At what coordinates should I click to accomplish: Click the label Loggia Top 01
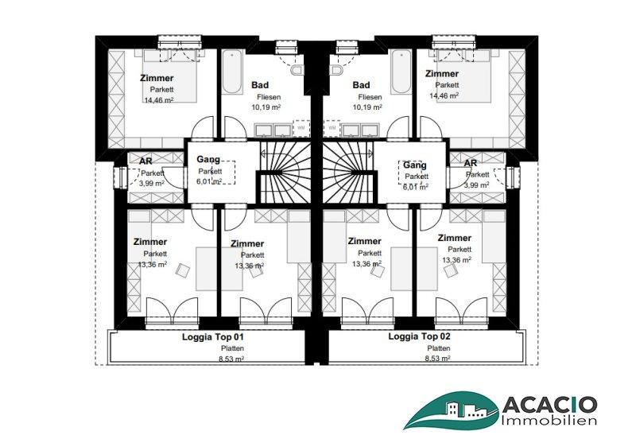click(213, 336)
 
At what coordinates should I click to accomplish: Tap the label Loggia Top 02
click(420, 336)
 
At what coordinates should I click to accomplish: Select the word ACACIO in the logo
click(549, 405)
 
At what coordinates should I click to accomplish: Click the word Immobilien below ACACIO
click(549, 420)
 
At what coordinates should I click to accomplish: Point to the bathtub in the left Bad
click(232, 72)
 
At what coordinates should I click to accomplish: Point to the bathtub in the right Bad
click(401, 72)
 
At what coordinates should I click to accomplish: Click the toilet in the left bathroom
click(297, 70)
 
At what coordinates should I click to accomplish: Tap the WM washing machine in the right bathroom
click(332, 128)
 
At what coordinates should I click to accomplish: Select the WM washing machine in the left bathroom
click(301, 128)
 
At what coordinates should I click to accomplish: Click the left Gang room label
click(208, 159)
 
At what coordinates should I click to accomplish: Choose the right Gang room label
click(414, 165)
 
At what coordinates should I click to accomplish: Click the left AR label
click(145, 161)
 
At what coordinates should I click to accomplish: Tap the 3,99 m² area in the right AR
click(476, 185)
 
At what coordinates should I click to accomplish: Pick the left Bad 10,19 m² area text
click(266, 107)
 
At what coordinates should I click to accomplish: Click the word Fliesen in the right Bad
click(370, 97)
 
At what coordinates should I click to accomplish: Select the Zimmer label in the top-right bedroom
click(442, 74)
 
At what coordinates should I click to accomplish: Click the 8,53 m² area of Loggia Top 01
click(231, 359)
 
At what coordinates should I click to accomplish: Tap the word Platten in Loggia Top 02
click(439, 348)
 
